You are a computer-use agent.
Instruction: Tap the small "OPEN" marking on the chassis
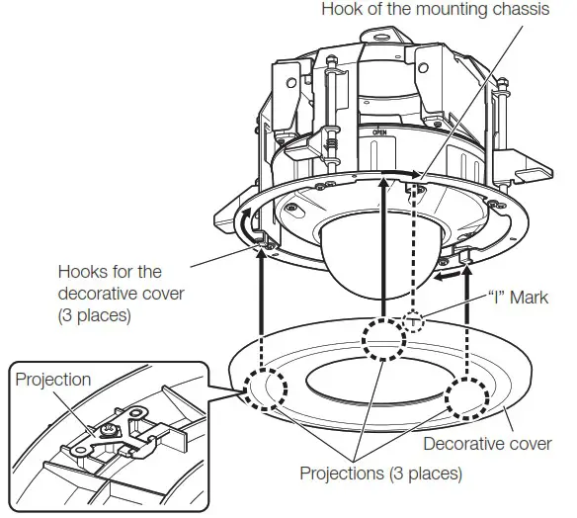[378, 130]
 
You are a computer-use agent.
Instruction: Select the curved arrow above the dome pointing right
[393, 174]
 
